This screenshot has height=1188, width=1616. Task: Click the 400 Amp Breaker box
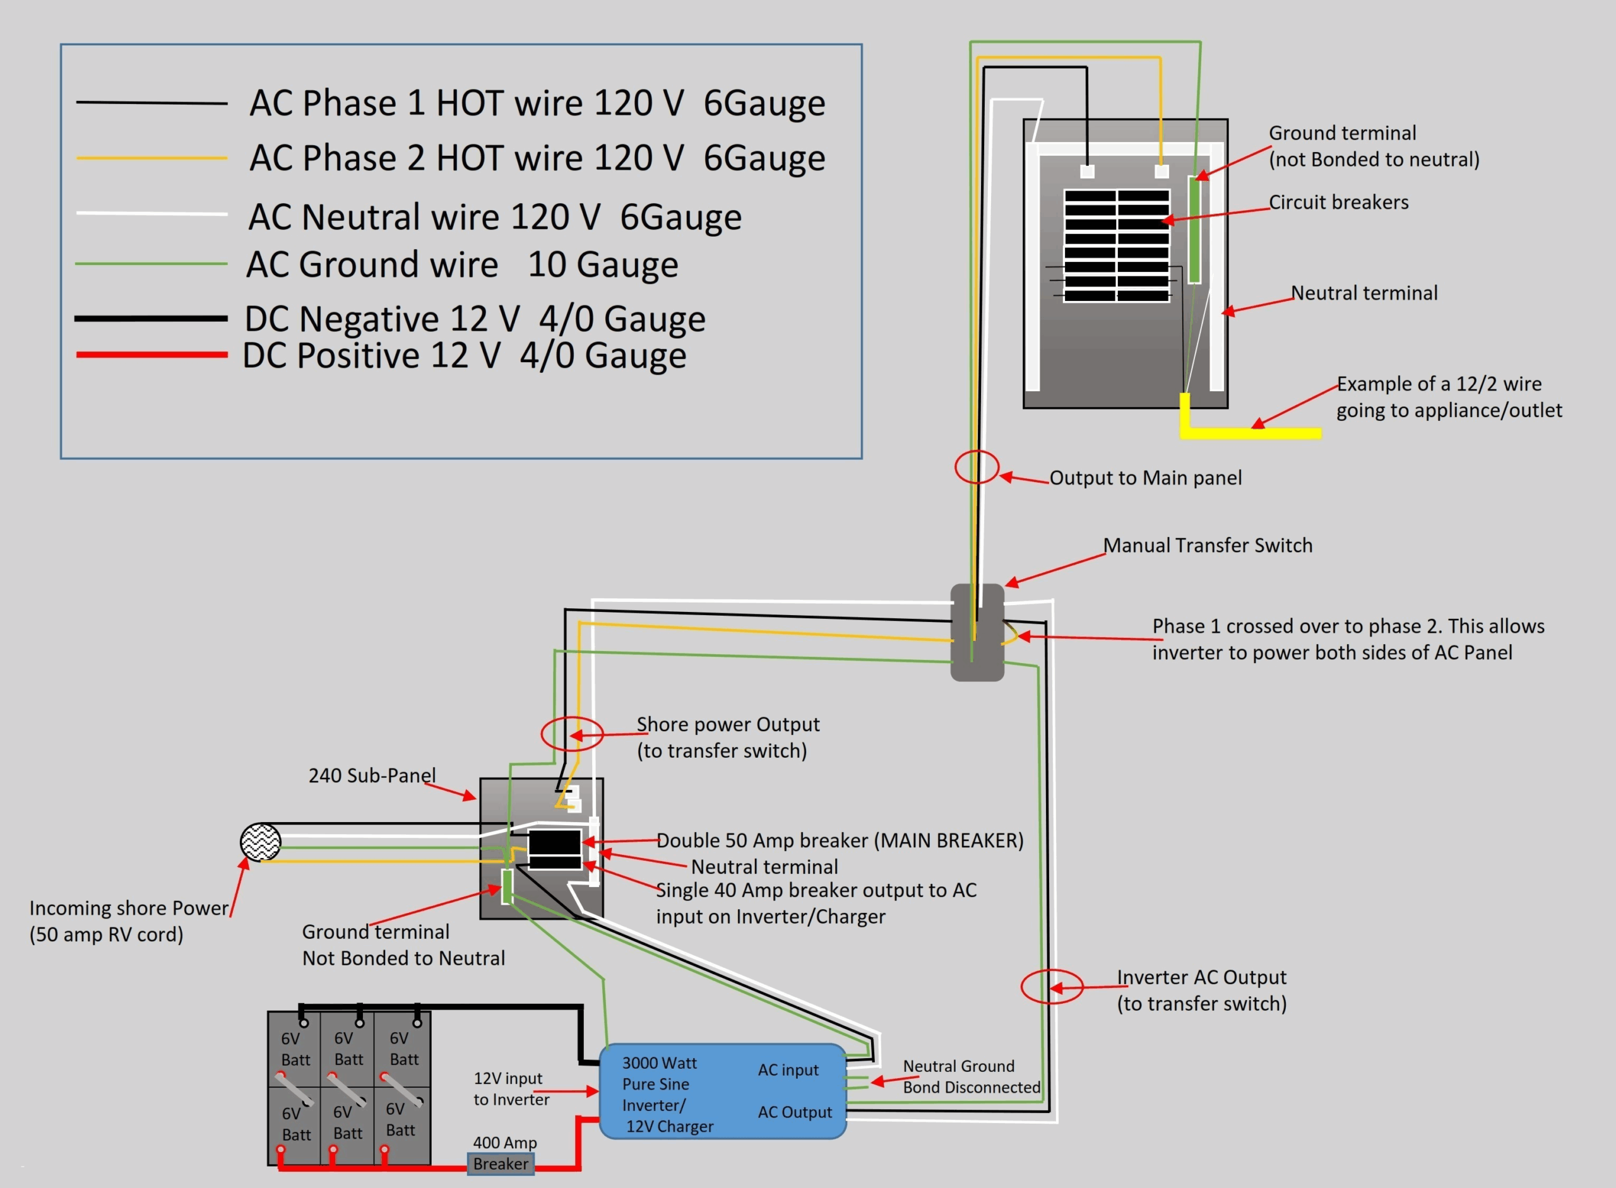pos(500,1163)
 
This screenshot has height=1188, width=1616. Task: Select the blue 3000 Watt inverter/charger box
pos(722,1090)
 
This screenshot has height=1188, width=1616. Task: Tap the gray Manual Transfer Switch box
pos(977,632)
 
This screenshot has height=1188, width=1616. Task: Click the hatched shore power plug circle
pos(261,842)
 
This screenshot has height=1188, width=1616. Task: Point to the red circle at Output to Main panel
pos(977,467)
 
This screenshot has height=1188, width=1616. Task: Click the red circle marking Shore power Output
pos(571,734)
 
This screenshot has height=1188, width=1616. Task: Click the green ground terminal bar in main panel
pos(1194,230)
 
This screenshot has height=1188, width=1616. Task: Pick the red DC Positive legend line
pos(151,355)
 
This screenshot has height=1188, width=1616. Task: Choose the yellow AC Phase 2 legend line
pos(151,158)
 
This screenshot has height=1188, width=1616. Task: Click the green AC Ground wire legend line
pos(151,264)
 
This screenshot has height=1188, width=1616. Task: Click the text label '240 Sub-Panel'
pos(372,775)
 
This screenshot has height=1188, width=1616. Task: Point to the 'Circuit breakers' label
pos(1338,202)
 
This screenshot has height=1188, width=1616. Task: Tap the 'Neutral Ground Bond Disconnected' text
pos(971,1076)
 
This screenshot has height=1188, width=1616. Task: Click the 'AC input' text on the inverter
pos(788,1070)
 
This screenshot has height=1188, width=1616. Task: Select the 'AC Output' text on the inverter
pos(794,1112)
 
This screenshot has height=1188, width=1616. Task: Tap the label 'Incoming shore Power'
pos(128,909)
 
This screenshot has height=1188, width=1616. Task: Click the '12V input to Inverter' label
pos(510,1088)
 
